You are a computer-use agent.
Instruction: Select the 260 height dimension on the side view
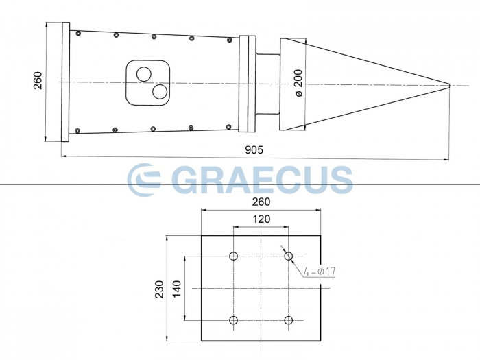click(37, 82)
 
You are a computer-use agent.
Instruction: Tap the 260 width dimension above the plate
click(261, 202)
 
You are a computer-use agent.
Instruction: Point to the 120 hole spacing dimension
click(261, 219)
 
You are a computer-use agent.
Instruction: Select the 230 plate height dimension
click(159, 288)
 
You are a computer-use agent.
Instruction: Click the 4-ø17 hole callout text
click(320, 272)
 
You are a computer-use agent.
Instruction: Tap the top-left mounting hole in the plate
click(234, 256)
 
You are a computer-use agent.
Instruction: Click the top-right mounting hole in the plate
click(289, 256)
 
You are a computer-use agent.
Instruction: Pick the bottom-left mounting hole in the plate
click(234, 320)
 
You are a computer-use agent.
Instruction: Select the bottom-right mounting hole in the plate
click(289, 320)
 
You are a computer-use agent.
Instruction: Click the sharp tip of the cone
click(449, 85)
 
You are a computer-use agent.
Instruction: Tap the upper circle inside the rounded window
click(144, 73)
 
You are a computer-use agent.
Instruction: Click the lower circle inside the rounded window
click(159, 91)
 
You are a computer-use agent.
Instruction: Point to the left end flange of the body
click(65, 82)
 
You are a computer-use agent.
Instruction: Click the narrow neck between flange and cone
click(267, 82)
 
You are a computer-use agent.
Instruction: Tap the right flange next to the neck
click(247, 82)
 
